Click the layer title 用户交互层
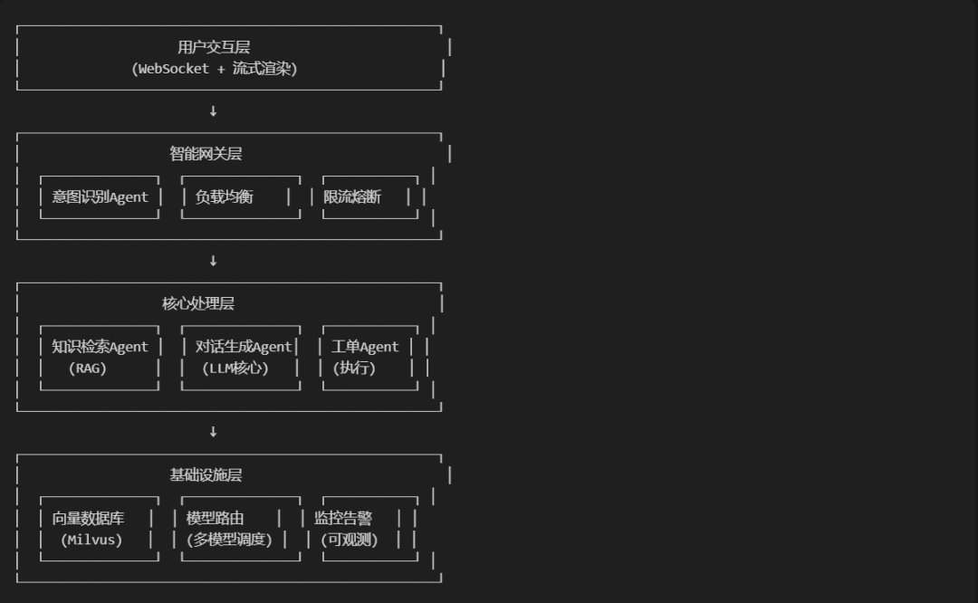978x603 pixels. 214,48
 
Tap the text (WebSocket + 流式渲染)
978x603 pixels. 214,69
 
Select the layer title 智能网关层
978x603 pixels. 206,154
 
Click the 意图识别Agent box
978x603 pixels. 100,197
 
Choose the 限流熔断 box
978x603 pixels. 352,197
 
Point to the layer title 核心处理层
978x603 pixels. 198,304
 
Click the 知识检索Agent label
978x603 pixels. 100,347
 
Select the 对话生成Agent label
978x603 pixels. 244,347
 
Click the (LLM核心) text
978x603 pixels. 236,368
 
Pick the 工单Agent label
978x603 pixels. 365,347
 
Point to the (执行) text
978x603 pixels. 354,368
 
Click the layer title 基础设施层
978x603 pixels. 206,475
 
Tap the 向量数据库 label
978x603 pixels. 88,519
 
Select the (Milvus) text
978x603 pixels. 91,541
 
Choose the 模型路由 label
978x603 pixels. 215,519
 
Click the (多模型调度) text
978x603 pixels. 228,541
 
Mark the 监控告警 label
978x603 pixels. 343,519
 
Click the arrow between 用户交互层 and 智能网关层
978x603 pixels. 213,111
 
